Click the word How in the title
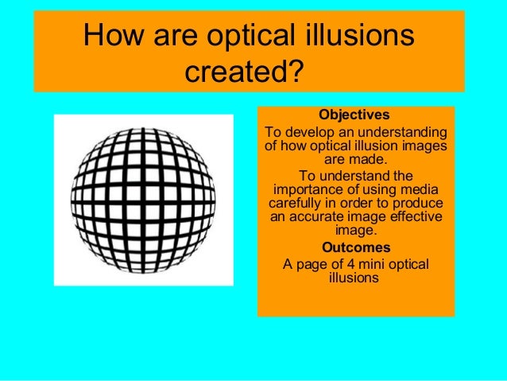click(x=116, y=37)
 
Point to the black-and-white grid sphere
click(x=143, y=199)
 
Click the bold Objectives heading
click(x=354, y=116)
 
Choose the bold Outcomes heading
click(x=354, y=247)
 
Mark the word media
click(x=422, y=189)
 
